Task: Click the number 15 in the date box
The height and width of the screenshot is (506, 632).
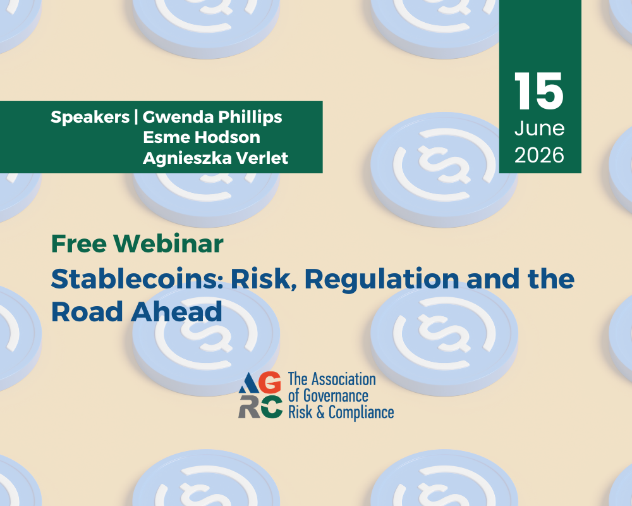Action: pyautogui.click(x=539, y=91)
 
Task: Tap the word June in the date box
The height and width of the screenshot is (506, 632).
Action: pyautogui.click(x=539, y=129)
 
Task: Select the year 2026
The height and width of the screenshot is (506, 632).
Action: pyautogui.click(x=539, y=156)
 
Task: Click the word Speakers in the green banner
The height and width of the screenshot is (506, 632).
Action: pyautogui.click(x=90, y=118)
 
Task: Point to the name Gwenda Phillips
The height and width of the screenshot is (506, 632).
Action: pyautogui.click(x=212, y=118)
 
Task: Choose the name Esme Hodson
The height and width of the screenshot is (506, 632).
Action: pyautogui.click(x=202, y=137)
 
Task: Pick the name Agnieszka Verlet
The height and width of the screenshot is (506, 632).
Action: pyautogui.click(x=216, y=158)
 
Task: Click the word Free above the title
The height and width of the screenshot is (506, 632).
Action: pyautogui.click(x=79, y=244)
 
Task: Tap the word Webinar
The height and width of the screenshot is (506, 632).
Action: pyautogui.click(x=169, y=244)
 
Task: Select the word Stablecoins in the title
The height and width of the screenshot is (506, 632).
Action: pyautogui.click(x=137, y=279)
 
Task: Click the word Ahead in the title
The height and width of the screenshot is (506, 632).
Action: pyautogui.click(x=176, y=312)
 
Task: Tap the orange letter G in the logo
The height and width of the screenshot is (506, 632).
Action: pyautogui.click(x=270, y=382)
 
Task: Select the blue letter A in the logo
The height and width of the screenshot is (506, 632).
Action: pyautogui.click(x=248, y=383)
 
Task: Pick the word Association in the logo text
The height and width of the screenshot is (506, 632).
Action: pyautogui.click(x=344, y=379)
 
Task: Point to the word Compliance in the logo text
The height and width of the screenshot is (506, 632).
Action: pyautogui.click(x=361, y=413)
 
